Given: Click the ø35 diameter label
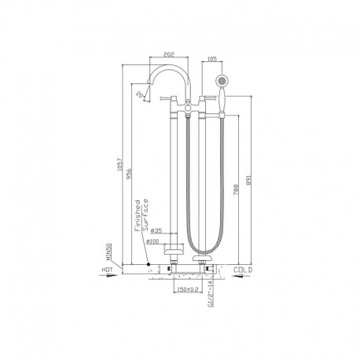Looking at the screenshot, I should [x=156, y=231].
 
